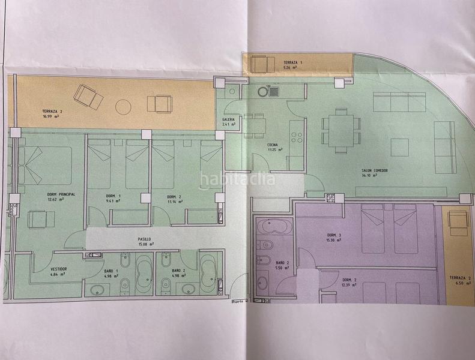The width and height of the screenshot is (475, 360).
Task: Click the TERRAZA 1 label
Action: [294, 63]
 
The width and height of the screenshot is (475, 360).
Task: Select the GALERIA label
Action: [229, 119]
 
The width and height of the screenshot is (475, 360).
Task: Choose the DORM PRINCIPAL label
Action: [61, 195]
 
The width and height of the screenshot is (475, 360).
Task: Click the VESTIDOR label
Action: [58, 269]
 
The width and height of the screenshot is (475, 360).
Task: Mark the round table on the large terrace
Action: [123, 107]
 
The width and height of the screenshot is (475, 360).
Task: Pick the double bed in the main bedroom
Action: [47, 166]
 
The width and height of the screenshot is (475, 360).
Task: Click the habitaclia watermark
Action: [238, 179]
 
